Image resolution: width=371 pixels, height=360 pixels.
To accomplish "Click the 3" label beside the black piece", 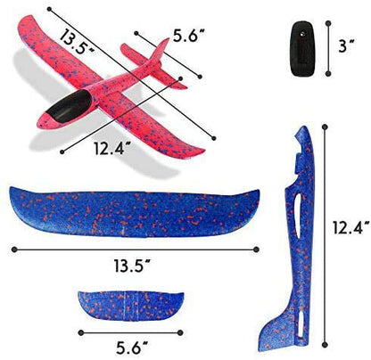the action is [x=346, y=46].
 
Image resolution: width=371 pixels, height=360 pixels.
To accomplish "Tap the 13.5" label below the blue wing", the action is [x=133, y=266].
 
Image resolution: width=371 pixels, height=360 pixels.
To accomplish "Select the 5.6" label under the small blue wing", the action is [x=132, y=347].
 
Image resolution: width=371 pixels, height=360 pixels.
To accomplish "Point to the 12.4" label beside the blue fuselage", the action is [x=351, y=227].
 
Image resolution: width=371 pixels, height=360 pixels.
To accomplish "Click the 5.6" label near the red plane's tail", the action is [x=189, y=36].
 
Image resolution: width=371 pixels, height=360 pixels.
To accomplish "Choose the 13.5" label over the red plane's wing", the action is [x=77, y=42].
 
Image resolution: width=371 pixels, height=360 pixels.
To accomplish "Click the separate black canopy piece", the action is [x=303, y=48].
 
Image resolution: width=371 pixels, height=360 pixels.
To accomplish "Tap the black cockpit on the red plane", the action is [x=69, y=106].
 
